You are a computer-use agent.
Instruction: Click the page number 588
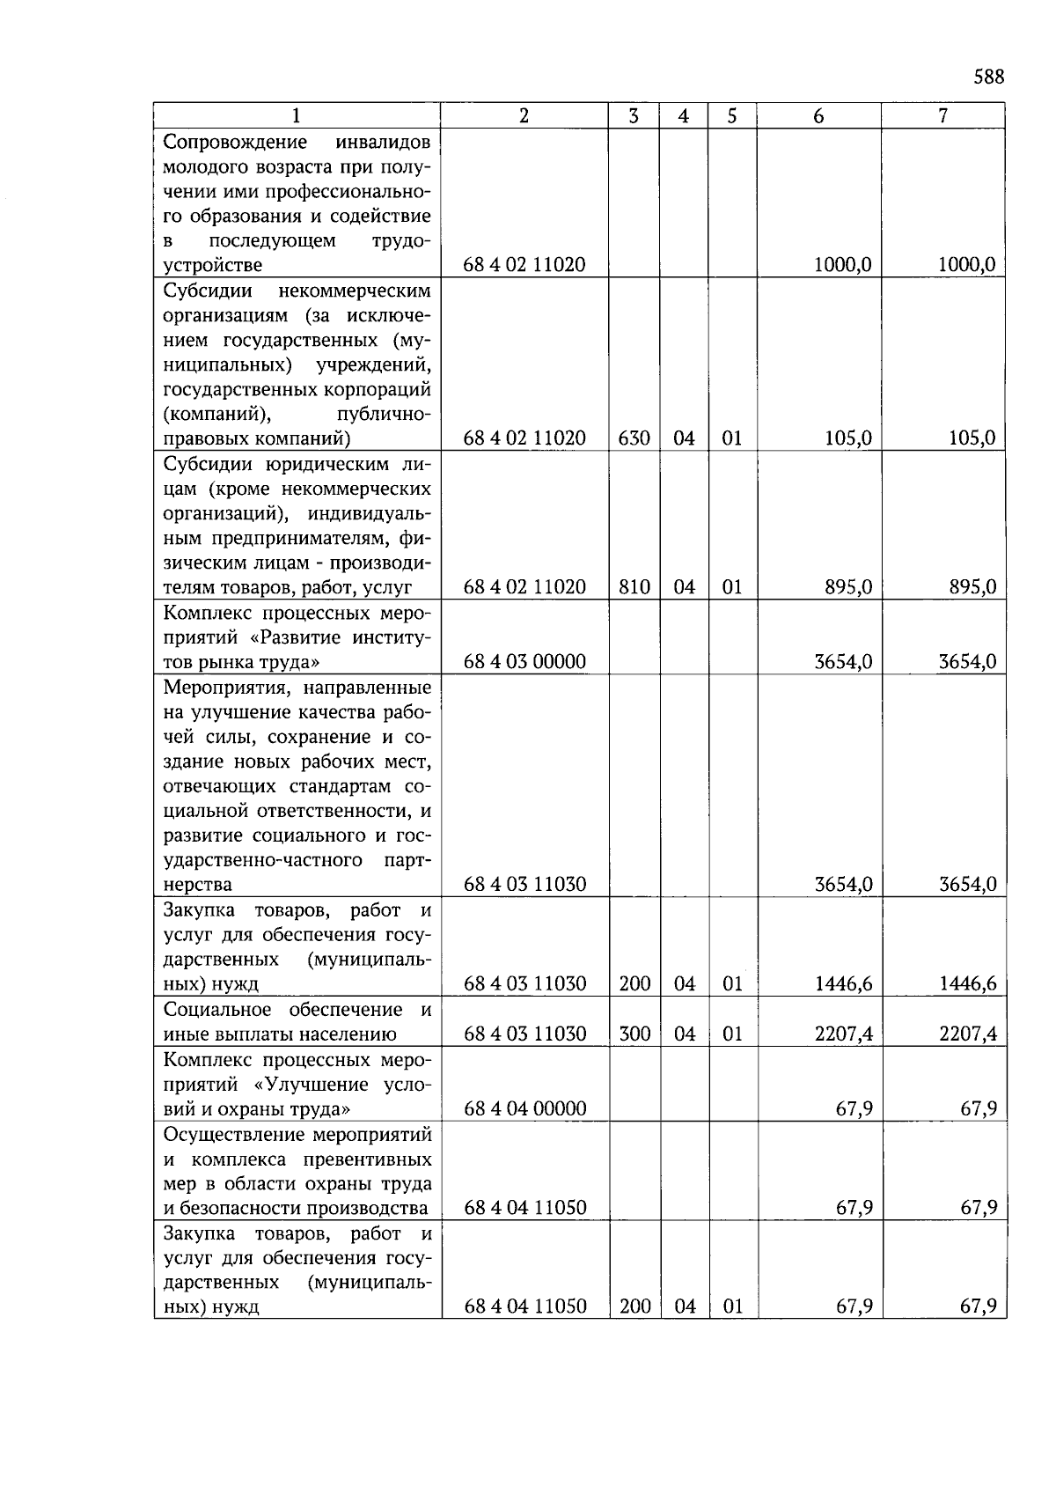[988, 77]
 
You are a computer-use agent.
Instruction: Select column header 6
[818, 116]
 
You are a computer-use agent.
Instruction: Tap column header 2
[524, 116]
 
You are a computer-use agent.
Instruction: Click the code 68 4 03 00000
[524, 662]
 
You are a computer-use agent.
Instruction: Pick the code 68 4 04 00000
[524, 1108]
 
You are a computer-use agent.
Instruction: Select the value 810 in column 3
[634, 587]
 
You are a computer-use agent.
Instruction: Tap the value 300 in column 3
[634, 1034]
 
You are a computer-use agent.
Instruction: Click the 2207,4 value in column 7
[968, 1034]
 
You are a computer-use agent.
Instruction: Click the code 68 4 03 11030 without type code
[524, 885]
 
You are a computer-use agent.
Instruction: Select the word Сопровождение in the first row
[235, 143]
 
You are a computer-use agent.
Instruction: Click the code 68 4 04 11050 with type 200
[524, 1307]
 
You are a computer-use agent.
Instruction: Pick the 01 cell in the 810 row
[732, 587]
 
